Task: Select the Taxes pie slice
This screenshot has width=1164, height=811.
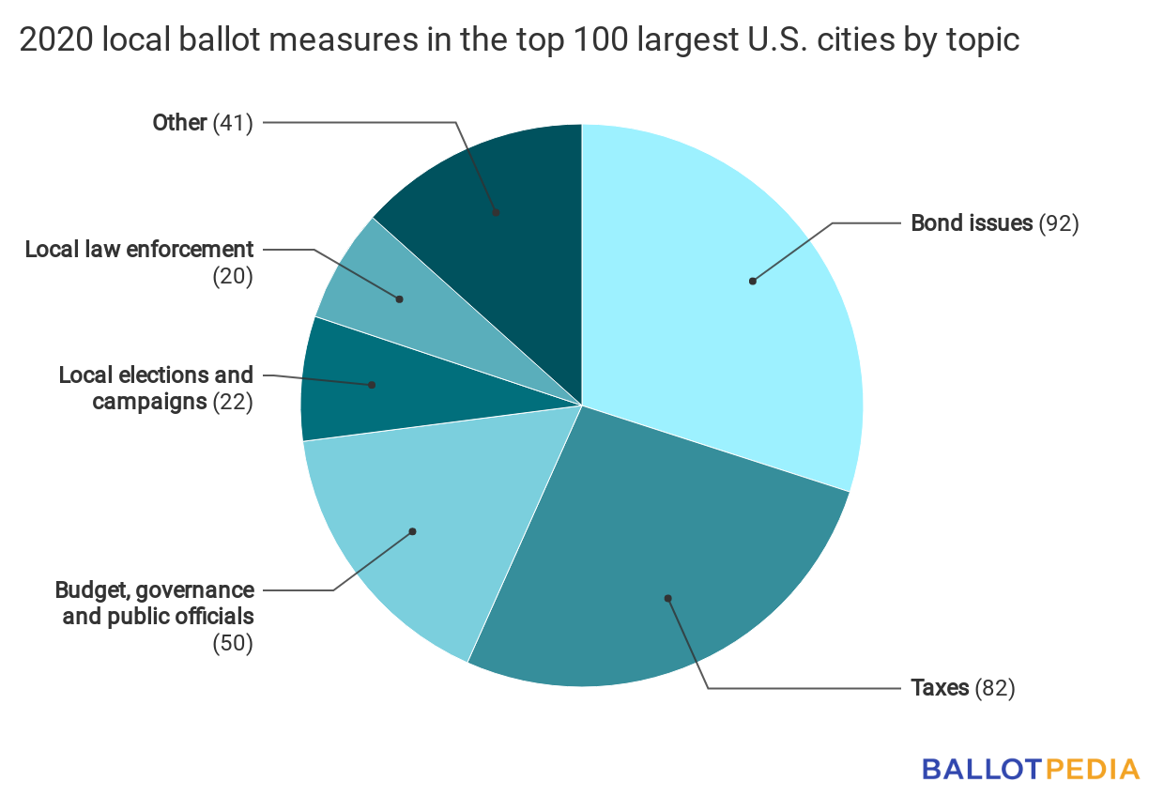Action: click(x=638, y=563)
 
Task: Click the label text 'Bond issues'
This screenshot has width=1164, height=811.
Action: click(x=972, y=223)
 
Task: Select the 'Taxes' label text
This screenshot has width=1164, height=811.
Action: click(x=940, y=688)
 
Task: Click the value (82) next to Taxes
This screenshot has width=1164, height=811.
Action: click(x=994, y=688)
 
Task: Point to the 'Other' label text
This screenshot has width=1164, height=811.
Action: click(x=179, y=122)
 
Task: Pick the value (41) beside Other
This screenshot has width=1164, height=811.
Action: click(x=233, y=122)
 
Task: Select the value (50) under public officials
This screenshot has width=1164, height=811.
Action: click(x=233, y=644)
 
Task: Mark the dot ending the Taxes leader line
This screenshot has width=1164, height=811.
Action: click(x=668, y=597)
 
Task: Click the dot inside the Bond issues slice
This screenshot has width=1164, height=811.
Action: click(x=752, y=281)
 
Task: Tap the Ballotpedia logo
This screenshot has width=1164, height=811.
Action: click(x=1031, y=769)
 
